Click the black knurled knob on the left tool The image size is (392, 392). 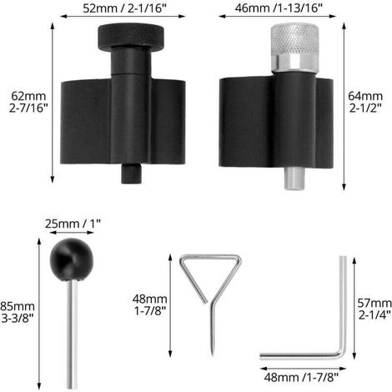click(x=131, y=37)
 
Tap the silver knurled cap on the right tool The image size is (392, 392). click(x=294, y=39)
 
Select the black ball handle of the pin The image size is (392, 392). click(x=72, y=259)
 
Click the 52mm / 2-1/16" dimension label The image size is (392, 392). click(x=124, y=8)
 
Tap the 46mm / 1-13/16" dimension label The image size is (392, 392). click(x=279, y=8)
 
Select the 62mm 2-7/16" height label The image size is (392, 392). click(x=28, y=102)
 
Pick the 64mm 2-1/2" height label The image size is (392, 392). click(x=365, y=102)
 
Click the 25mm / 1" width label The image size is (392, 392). click(x=73, y=224)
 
